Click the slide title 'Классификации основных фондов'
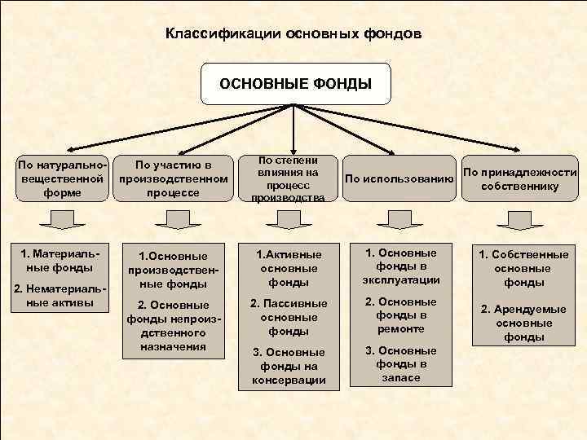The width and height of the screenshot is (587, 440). [293, 35]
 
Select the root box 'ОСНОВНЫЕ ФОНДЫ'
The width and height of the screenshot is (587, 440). [295, 83]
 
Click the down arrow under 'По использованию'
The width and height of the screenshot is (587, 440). [399, 220]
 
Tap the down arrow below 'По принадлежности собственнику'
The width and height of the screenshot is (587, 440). [519, 220]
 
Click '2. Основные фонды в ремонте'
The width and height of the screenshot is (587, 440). [400, 315]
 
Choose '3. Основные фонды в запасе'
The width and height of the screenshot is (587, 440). [400, 363]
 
